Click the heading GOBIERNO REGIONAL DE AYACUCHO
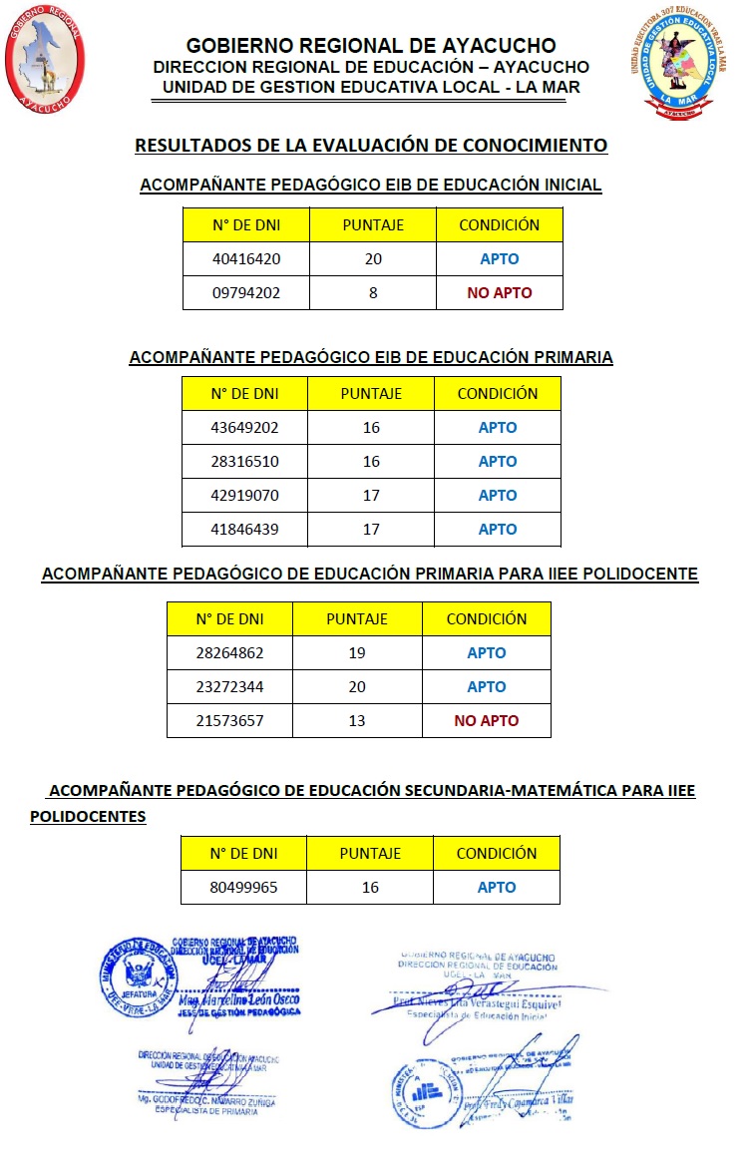371,46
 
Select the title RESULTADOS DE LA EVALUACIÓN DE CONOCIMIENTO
371,146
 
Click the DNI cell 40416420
246,259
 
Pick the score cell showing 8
373,293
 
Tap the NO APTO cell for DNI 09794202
500,293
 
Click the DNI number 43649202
245,427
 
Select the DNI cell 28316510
245,461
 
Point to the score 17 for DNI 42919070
371,495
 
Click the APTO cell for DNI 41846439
498,529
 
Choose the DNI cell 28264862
230,653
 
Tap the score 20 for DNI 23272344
357,687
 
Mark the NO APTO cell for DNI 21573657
487,721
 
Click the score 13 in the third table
357,721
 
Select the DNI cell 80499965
244,887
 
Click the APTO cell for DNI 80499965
497,887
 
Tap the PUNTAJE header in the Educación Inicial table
373,225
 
